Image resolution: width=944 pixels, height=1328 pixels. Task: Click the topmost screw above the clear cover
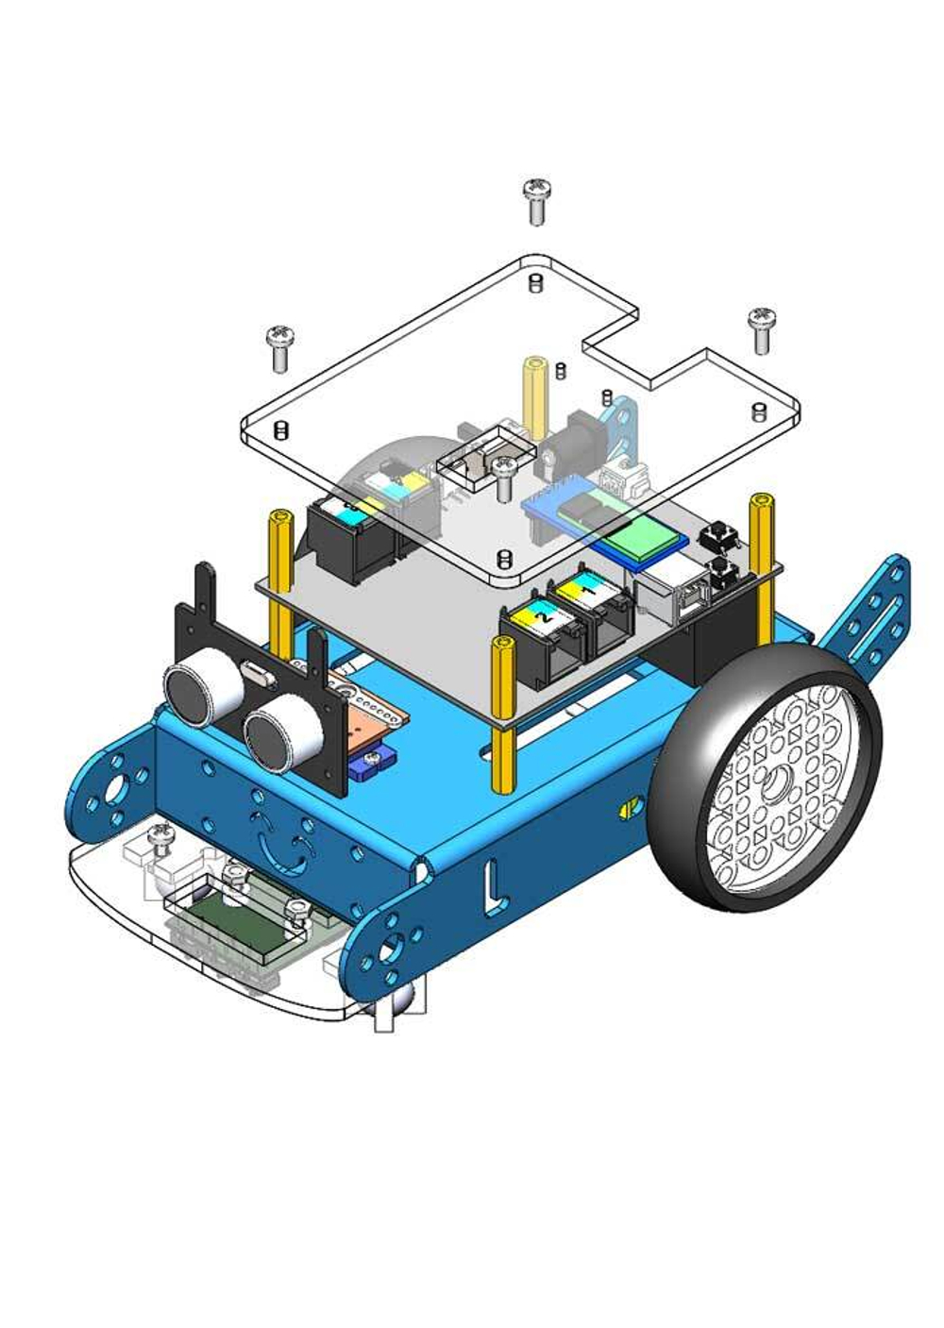[x=537, y=202]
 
